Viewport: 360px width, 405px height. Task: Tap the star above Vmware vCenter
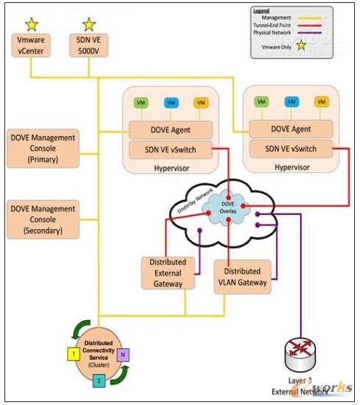[x=31, y=24]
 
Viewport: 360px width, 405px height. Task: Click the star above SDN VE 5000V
[x=89, y=24]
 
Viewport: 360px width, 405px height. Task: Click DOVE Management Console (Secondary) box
[x=43, y=218]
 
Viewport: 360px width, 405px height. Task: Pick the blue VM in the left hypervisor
[x=171, y=103]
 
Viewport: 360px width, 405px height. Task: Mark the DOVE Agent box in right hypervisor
[x=291, y=128]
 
